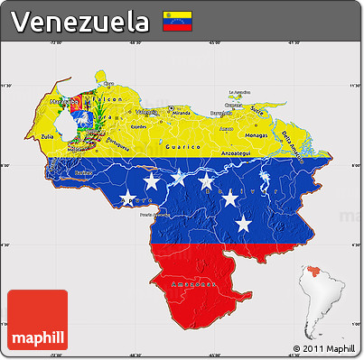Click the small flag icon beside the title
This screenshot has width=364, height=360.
pos(174,21)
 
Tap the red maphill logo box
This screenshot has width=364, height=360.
pos(37,319)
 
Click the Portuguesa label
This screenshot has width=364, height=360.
pos(116,143)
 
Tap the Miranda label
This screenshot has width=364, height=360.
pos(181,114)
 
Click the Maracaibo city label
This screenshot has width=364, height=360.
pos(58,103)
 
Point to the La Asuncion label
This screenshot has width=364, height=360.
pos(238,92)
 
